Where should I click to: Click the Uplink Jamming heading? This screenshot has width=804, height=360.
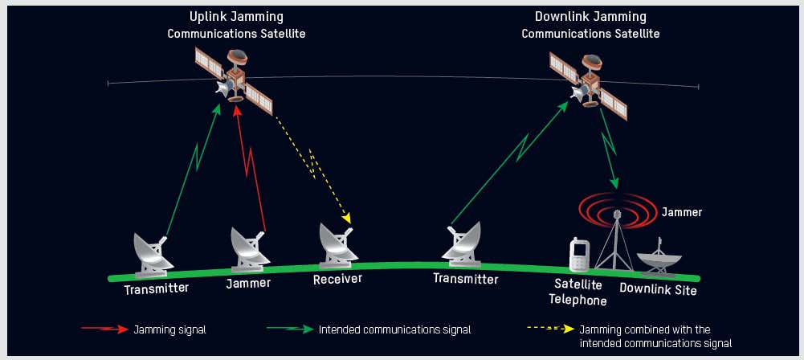pyautogui.click(x=236, y=17)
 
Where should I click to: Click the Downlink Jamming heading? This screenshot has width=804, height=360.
pyautogui.click(x=590, y=17)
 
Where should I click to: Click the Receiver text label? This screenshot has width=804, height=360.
pyautogui.click(x=337, y=279)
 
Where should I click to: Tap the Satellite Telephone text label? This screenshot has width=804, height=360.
pyautogui.click(x=577, y=292)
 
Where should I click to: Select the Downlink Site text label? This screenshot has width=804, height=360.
pyautogui.click(x=658, y=289)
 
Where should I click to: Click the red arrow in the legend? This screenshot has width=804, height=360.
pyautogui.click(x=104, y=329)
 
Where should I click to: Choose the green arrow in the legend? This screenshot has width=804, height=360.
pyautogui.click(x=290, y=329)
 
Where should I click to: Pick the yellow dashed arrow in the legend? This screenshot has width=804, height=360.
pyautogui.click(x=549, y=329)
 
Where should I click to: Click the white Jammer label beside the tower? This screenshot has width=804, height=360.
pyautogui.click(x=682, y=213)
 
